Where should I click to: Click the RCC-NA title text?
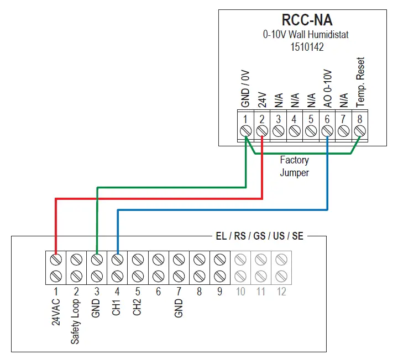pyautogui.click(x=307, y=20)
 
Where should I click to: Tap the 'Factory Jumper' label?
pyautogui.click(x=294, y=166)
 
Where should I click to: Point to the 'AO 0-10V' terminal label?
pyautogui.click(x=327, y=88)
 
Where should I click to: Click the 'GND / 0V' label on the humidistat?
pyautogui.click(x=245, y=88)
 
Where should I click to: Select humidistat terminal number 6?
pyautogui.click(x=327, y=118)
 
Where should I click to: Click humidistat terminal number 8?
pyautogui.click(x=360, y=118)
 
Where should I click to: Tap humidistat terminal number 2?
pyautogui.click(x=262, y=118)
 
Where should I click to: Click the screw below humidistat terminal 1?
pyautogui.click(x=245, y=131)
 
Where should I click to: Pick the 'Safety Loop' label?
pyautogui.click(x=76, y=322)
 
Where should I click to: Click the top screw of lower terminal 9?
pyautogui.click(x=219, y=258)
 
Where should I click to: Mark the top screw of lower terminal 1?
pyautogui.click(x=56, y=258)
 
